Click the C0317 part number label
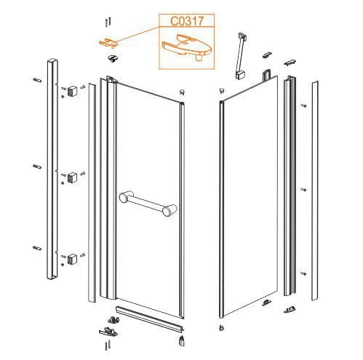(186, 21)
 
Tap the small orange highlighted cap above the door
(108, 43)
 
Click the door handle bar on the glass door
(148, 203)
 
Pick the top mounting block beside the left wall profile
(72, 91)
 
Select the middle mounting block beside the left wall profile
(72, 177)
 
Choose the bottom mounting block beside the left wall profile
(72, 259)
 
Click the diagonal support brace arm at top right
(241, 56)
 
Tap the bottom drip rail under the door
(150, 319)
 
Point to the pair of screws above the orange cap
(108, 22)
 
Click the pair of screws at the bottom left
(108, 345)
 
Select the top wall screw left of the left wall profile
(37, 80)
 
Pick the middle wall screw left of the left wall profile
(37, 167)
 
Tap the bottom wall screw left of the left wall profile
(37, 248)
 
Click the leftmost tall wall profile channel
(52, 169)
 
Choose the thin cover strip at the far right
(315, 191)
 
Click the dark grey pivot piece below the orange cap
(113, 58)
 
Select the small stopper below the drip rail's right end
(181, 340)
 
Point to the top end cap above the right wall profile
(290, 63)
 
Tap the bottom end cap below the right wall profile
(290, 310)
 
